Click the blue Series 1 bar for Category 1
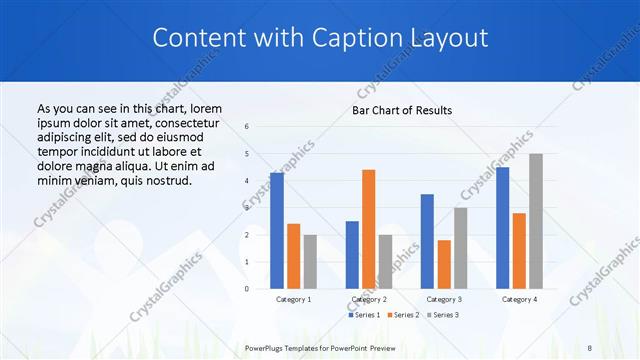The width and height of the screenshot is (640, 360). click(277, 231)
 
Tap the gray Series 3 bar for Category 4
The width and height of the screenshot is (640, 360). click(536, 221)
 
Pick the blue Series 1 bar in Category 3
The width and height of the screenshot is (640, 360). click(427, 241)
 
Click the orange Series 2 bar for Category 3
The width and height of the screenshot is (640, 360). click(444, 264)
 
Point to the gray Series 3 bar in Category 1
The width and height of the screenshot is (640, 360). click(310, 261)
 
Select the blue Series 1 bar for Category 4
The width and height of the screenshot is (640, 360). click(502, 228)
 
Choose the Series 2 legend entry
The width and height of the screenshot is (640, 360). click(403, 315)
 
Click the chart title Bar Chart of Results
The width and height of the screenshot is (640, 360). click(402, 110)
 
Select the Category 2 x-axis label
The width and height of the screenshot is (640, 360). click(369, 299)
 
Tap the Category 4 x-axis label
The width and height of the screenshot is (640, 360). click(519, 299)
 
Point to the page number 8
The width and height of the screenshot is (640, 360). click(589, 347)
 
